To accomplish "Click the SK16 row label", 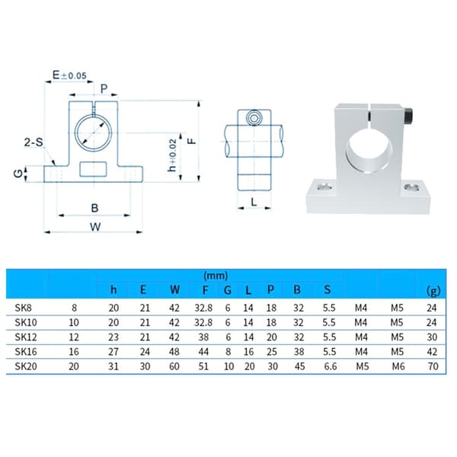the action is [x=26, y=351].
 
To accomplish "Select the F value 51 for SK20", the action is [x=203, y=366].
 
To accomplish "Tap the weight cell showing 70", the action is [x=433, y=366].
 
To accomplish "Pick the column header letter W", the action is [x=174, y=289].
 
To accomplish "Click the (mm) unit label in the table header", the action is [x=216, y=276].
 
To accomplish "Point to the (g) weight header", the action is [x=433, y=291].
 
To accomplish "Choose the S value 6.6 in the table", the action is [x=331, y=366].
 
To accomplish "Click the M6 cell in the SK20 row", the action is [x=398, y=366].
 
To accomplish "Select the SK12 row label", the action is [x=26, y=337].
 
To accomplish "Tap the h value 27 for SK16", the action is [x=113, y=351].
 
